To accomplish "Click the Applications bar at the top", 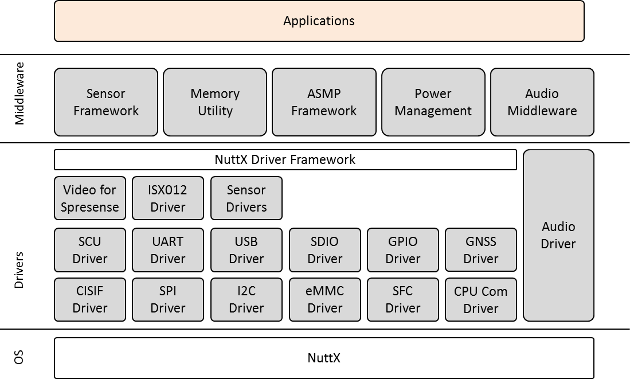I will pos(319,21).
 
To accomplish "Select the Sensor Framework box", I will pos(106,102).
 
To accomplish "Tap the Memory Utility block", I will pos(215,102).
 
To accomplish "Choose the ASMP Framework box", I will pos(324,102).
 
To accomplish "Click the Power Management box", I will pos(433,102).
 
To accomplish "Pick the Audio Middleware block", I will pos(542,102).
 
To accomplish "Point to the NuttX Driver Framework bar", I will pos(285,160).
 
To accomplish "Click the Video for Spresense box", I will pos(90,198).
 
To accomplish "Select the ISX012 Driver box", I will pos(168,198).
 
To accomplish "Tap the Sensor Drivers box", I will pos(246,198).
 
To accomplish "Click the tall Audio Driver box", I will pos(558,235).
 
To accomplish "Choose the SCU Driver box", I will pos(90,250).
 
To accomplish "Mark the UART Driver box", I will pos(168,250).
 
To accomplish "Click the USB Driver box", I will pos(246,250).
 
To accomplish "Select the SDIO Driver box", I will pos(325,250).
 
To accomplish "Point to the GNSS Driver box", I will pos(481,250).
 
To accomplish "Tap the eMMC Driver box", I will pos(325,299).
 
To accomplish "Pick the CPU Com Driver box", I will pos(481,299).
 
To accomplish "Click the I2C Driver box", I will pos(246,299).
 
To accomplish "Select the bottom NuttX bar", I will pos(324,358).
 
